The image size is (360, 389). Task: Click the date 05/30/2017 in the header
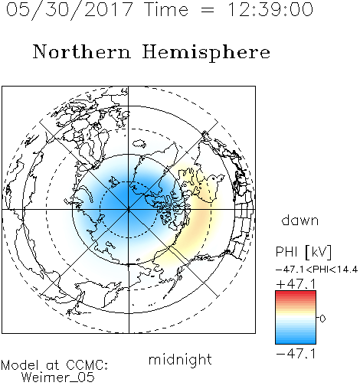tap(70, 10)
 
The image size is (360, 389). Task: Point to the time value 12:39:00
tap(270, 10)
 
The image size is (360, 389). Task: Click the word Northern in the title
tap(82, 52)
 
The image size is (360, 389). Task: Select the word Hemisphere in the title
tap(206, 52)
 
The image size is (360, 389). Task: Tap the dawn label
tap(300, 220)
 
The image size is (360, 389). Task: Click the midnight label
tap(180, 359)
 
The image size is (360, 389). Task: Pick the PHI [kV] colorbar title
tap(303, 252)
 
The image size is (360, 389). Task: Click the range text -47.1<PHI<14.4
tap(317, 270)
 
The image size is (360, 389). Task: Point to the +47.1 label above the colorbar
tap(296, 284)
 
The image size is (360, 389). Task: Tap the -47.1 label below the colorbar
tap(296, 354)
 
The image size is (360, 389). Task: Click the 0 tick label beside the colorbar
tap(322, 319)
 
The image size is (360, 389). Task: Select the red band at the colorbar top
tap(296, 294)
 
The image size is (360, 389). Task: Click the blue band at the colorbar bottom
tap(296, 340)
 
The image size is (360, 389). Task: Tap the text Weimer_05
tap(58, 378)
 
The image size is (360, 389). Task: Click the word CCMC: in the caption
tap(87, 365)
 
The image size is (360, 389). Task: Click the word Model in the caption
tap(20, 365)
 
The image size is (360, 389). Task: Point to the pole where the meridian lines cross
tap(129, 210)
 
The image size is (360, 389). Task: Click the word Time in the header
tap(166, 10)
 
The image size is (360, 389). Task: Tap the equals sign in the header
tap(208, 10)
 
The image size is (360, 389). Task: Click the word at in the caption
tap(53, 366)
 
